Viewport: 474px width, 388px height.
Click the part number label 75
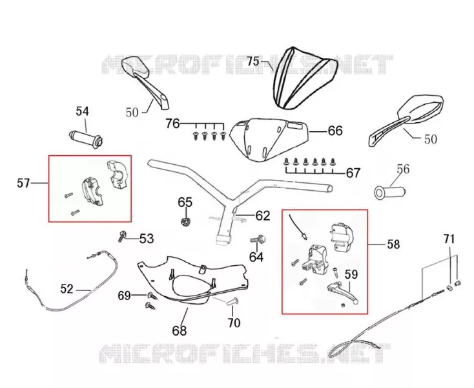[253, 61]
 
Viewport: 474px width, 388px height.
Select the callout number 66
[335, 131]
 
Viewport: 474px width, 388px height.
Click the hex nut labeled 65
[185, 222]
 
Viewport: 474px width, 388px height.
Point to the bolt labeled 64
[258, 240]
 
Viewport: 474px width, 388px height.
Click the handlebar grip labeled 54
[86, 138]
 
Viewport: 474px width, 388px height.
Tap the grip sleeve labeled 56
[390, 192]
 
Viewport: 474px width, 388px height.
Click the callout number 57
[23, 183]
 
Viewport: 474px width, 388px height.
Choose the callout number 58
[393, 244]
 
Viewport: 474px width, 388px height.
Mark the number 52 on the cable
[67, 288]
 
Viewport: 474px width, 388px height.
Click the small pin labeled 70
[232, 301]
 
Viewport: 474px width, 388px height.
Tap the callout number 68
[180, 330]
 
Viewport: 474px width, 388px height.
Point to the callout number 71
[449, 239]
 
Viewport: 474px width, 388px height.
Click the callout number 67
[353, 173]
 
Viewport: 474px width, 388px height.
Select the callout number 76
[172, 124]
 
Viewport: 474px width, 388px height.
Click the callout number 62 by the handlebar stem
[263, 215]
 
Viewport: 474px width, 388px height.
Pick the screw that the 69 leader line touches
[152, 296]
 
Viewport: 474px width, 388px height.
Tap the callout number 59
[351, 274]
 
